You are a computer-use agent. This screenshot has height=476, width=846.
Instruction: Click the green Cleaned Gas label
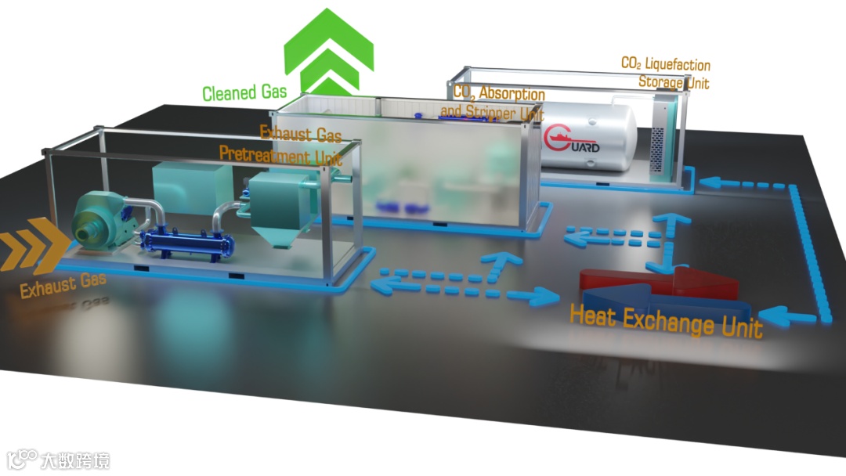click(x=244, y=93)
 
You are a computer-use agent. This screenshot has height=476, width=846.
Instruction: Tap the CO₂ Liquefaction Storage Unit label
click(x=665, y=72)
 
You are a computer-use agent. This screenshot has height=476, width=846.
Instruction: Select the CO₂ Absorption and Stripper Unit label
click(x=493, y=103)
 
